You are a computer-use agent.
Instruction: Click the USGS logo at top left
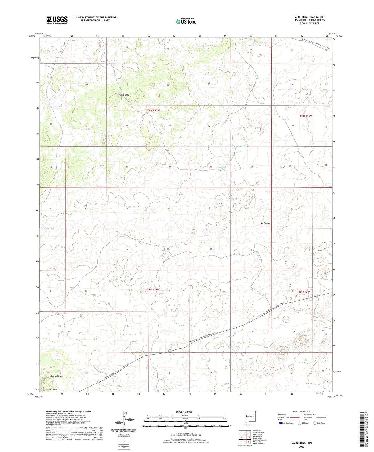point(57,20)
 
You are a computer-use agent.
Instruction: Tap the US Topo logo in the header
point(186,21)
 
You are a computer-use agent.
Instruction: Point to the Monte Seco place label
point(124,95)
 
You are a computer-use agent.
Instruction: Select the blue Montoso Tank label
point(48,228)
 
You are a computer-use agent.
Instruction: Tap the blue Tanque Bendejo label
point(221,169)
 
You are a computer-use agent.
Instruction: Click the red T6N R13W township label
point(154,110)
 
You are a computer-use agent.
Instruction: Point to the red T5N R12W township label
point(303,292)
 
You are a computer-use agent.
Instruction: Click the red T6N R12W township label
point(306,116)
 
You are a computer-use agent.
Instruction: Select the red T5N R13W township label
point(153,290)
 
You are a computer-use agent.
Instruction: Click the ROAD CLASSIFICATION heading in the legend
point(302,411)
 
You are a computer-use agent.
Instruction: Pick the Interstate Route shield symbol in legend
point(281,423)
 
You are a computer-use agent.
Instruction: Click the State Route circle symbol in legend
point(315,423)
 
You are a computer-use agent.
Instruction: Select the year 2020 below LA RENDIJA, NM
point(301,447)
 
